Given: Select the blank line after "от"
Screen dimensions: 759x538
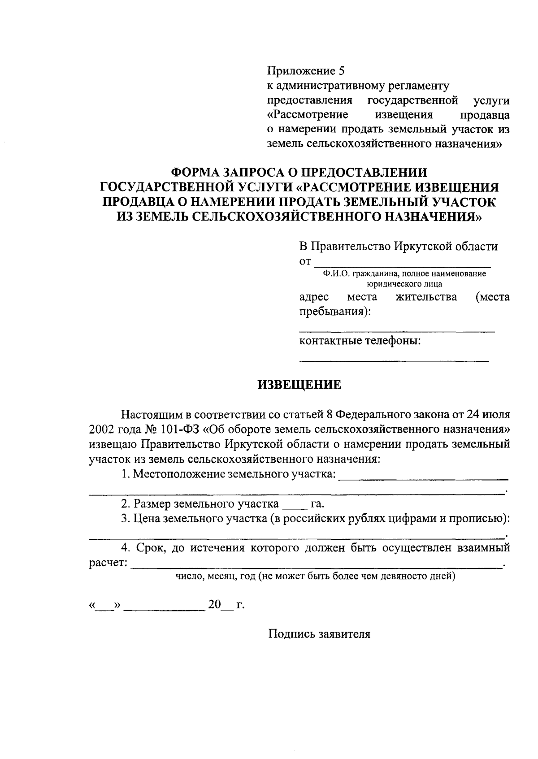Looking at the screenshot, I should (x=402, y=263).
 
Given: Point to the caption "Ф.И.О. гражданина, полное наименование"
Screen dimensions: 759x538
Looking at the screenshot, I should (x=404, y=273).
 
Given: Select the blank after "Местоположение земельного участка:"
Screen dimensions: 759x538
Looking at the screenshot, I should (x=423, y=477).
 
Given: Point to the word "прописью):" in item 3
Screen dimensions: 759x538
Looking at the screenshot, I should (x=484, y=519).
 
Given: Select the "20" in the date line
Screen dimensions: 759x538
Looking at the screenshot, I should (x=214, y=605).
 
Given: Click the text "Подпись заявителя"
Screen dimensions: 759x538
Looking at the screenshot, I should (x=319, y=634).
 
